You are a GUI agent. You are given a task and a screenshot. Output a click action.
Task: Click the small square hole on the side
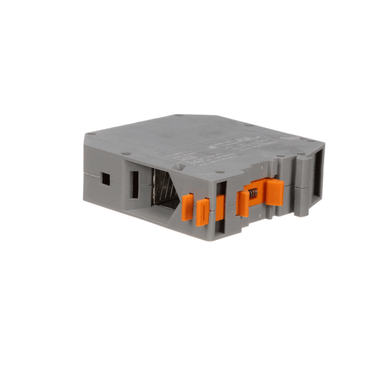[105, 178]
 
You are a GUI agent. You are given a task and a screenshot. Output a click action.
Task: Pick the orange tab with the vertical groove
[203, 212]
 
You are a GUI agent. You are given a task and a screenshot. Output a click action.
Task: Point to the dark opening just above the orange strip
[221, 186]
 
